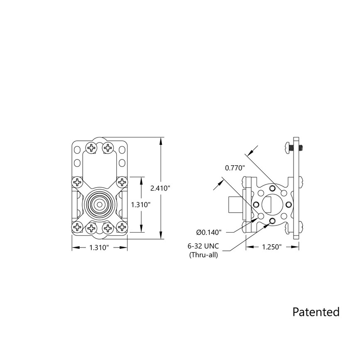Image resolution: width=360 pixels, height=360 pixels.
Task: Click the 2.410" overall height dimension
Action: point(161,188)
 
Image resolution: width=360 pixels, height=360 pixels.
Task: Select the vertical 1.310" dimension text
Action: point(141,205)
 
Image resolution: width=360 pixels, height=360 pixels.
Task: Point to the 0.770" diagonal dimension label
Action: point(235,168)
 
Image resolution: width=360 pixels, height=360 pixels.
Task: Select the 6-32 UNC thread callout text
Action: point(203,247)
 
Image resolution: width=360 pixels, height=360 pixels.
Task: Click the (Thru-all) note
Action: point(203,255)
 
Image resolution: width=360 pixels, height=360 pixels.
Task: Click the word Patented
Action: point(316,311)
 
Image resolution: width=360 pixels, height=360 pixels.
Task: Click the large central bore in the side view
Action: point(272,204)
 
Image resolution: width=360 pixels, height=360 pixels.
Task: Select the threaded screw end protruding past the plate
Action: point(303,147)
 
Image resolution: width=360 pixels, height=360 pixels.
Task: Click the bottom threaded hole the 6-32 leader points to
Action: point(272,221)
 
